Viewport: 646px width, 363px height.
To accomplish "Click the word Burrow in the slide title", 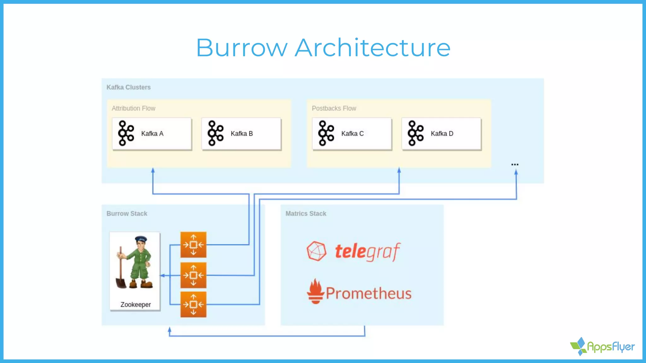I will point(242,48).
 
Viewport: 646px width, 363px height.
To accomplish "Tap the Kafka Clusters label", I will point(128,87).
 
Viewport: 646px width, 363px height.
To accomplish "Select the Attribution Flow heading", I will point(133,108).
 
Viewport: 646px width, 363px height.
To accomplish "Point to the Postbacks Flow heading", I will point(334,108).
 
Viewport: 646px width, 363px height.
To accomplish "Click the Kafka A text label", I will point(152,134).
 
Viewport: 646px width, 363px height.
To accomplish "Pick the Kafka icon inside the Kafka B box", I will point(215,133).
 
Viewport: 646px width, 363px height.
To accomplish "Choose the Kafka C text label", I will point(352,134).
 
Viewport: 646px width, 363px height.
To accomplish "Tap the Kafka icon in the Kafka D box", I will point(415,133).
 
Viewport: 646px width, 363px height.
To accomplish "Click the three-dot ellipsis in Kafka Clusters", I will point(515,164).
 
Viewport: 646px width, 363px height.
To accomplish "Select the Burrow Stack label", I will point(127,214).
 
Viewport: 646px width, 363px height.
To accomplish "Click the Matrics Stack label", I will point(306,214).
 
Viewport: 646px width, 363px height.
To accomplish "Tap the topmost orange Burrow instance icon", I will point(193,245).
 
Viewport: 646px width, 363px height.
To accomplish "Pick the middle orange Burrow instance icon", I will point(193,275).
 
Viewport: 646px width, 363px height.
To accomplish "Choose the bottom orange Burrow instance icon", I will point(193,304).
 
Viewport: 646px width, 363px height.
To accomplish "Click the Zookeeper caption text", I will point(136,305).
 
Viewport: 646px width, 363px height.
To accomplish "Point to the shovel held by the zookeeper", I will point(120,274).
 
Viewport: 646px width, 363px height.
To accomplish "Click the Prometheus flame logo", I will point(315,291).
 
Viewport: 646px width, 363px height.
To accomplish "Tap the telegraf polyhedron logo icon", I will point(316,251).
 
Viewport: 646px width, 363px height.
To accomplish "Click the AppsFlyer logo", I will point(602,347).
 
